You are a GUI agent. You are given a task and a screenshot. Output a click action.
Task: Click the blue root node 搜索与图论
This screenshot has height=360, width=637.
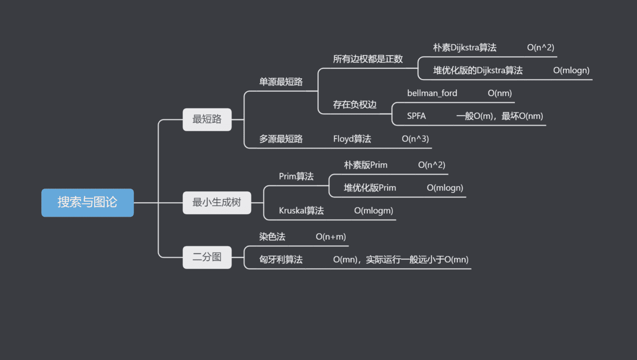87,202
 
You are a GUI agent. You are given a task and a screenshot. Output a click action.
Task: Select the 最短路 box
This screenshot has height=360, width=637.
207,119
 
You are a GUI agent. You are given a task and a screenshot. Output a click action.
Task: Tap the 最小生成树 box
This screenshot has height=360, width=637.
217,202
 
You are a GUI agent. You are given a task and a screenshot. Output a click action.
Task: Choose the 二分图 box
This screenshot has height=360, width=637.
207,257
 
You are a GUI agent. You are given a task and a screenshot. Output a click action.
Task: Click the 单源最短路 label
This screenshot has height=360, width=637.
281,82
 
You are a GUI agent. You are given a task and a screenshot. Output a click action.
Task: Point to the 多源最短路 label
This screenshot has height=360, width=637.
281,139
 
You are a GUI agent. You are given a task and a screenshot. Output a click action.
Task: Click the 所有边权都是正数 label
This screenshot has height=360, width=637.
368,59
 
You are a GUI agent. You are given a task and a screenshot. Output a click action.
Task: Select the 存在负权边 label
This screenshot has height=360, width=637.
355,105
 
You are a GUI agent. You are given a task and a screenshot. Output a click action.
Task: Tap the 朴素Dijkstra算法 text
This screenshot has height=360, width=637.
465,47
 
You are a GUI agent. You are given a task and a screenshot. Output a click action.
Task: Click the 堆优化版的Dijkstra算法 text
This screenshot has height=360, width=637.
478,70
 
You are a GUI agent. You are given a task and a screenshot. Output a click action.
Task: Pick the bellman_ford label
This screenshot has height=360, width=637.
432,93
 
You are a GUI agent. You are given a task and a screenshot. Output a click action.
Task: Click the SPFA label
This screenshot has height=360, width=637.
416,116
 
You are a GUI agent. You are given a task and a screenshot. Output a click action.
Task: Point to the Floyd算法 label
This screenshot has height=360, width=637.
352,139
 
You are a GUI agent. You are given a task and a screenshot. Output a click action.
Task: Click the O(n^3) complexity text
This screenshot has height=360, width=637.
415,139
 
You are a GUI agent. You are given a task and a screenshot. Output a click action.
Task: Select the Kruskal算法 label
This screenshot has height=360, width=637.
301,210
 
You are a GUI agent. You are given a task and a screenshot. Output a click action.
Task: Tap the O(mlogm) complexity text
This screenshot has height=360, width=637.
373,210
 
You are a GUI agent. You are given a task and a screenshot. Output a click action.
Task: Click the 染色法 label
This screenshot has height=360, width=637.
272,237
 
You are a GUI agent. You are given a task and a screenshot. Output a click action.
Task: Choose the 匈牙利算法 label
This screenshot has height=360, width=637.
281,259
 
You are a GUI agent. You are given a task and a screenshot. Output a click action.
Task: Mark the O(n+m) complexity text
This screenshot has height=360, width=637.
331,237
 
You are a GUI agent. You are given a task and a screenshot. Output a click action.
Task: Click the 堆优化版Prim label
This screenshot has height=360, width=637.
370,188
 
